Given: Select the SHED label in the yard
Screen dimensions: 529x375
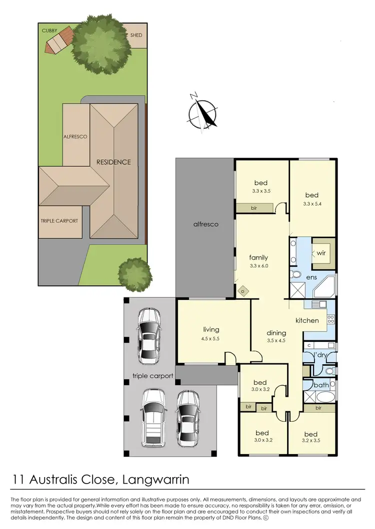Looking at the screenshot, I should [x=136, y=35].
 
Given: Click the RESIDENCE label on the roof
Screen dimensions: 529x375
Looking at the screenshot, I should [x=113, y=162].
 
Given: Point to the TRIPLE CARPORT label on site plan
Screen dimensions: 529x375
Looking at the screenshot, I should [x=59, y=221].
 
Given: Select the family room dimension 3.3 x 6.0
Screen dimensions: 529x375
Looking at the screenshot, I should [x=259, y=266].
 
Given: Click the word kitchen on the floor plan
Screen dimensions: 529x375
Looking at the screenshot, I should [x=307, y=320].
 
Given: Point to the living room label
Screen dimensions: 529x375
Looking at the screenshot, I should [x=211, y=329].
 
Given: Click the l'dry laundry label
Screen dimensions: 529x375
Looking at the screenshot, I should [x=320, y=355].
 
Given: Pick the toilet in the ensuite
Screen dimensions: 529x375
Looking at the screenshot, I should [x=296, y=275].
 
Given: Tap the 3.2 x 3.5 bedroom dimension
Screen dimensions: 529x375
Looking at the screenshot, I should [x=310, y=441].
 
